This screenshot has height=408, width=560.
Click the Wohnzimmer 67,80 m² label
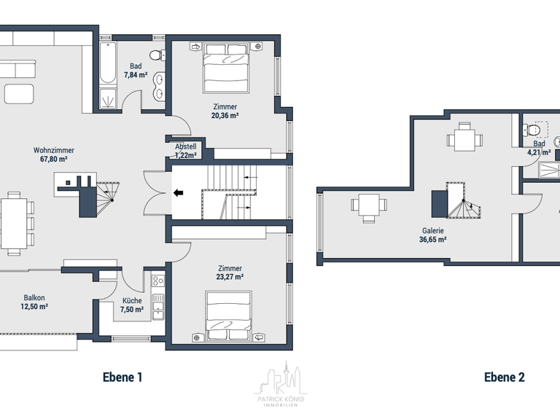click(54, 154)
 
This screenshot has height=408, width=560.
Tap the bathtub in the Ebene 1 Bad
click(106, 63)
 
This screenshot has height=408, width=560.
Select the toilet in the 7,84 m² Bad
click(155, 55)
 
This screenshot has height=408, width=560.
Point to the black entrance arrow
click(179, 193)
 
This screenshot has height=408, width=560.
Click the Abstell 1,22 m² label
click(186, 151)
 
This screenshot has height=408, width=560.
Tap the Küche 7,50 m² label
click(132, 305)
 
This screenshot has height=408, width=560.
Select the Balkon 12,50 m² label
click(34, 302)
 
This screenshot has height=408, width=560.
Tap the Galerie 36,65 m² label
click(432, 235)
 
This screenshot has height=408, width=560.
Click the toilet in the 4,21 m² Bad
click(534, 130)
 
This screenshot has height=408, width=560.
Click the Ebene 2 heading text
click(504, 377)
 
